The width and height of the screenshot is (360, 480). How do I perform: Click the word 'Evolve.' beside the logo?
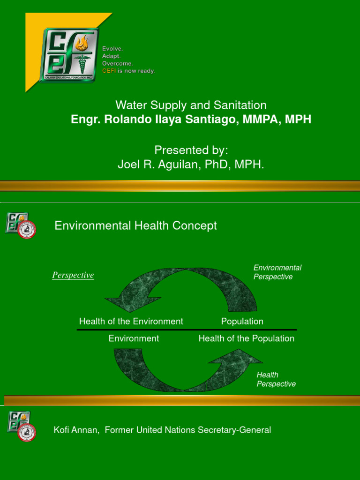click(x=113, y=49)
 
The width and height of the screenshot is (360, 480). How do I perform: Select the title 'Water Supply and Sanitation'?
click(x=191, y=105)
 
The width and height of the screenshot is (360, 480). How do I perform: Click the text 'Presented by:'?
click(x=191, y=150)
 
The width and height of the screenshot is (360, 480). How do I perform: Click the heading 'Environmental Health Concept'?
click(x=136, y=225)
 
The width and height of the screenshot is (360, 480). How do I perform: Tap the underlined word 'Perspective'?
click(x=73, y=275)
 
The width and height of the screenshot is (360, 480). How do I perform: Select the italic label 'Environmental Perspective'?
click(x=277, y=272)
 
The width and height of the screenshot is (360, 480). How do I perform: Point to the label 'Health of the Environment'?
click(x=131, y=322)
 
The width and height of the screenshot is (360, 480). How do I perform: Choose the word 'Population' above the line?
click(x=242, y=322)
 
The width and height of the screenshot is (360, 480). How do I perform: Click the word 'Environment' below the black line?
click(x=134, y=338)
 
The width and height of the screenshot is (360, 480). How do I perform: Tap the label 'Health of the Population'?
click(x=247, y=338)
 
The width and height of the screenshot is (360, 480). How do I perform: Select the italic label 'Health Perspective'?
click(x=276, y=379)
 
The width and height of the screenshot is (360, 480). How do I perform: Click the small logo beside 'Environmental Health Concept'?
click(x=21, y=225)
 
